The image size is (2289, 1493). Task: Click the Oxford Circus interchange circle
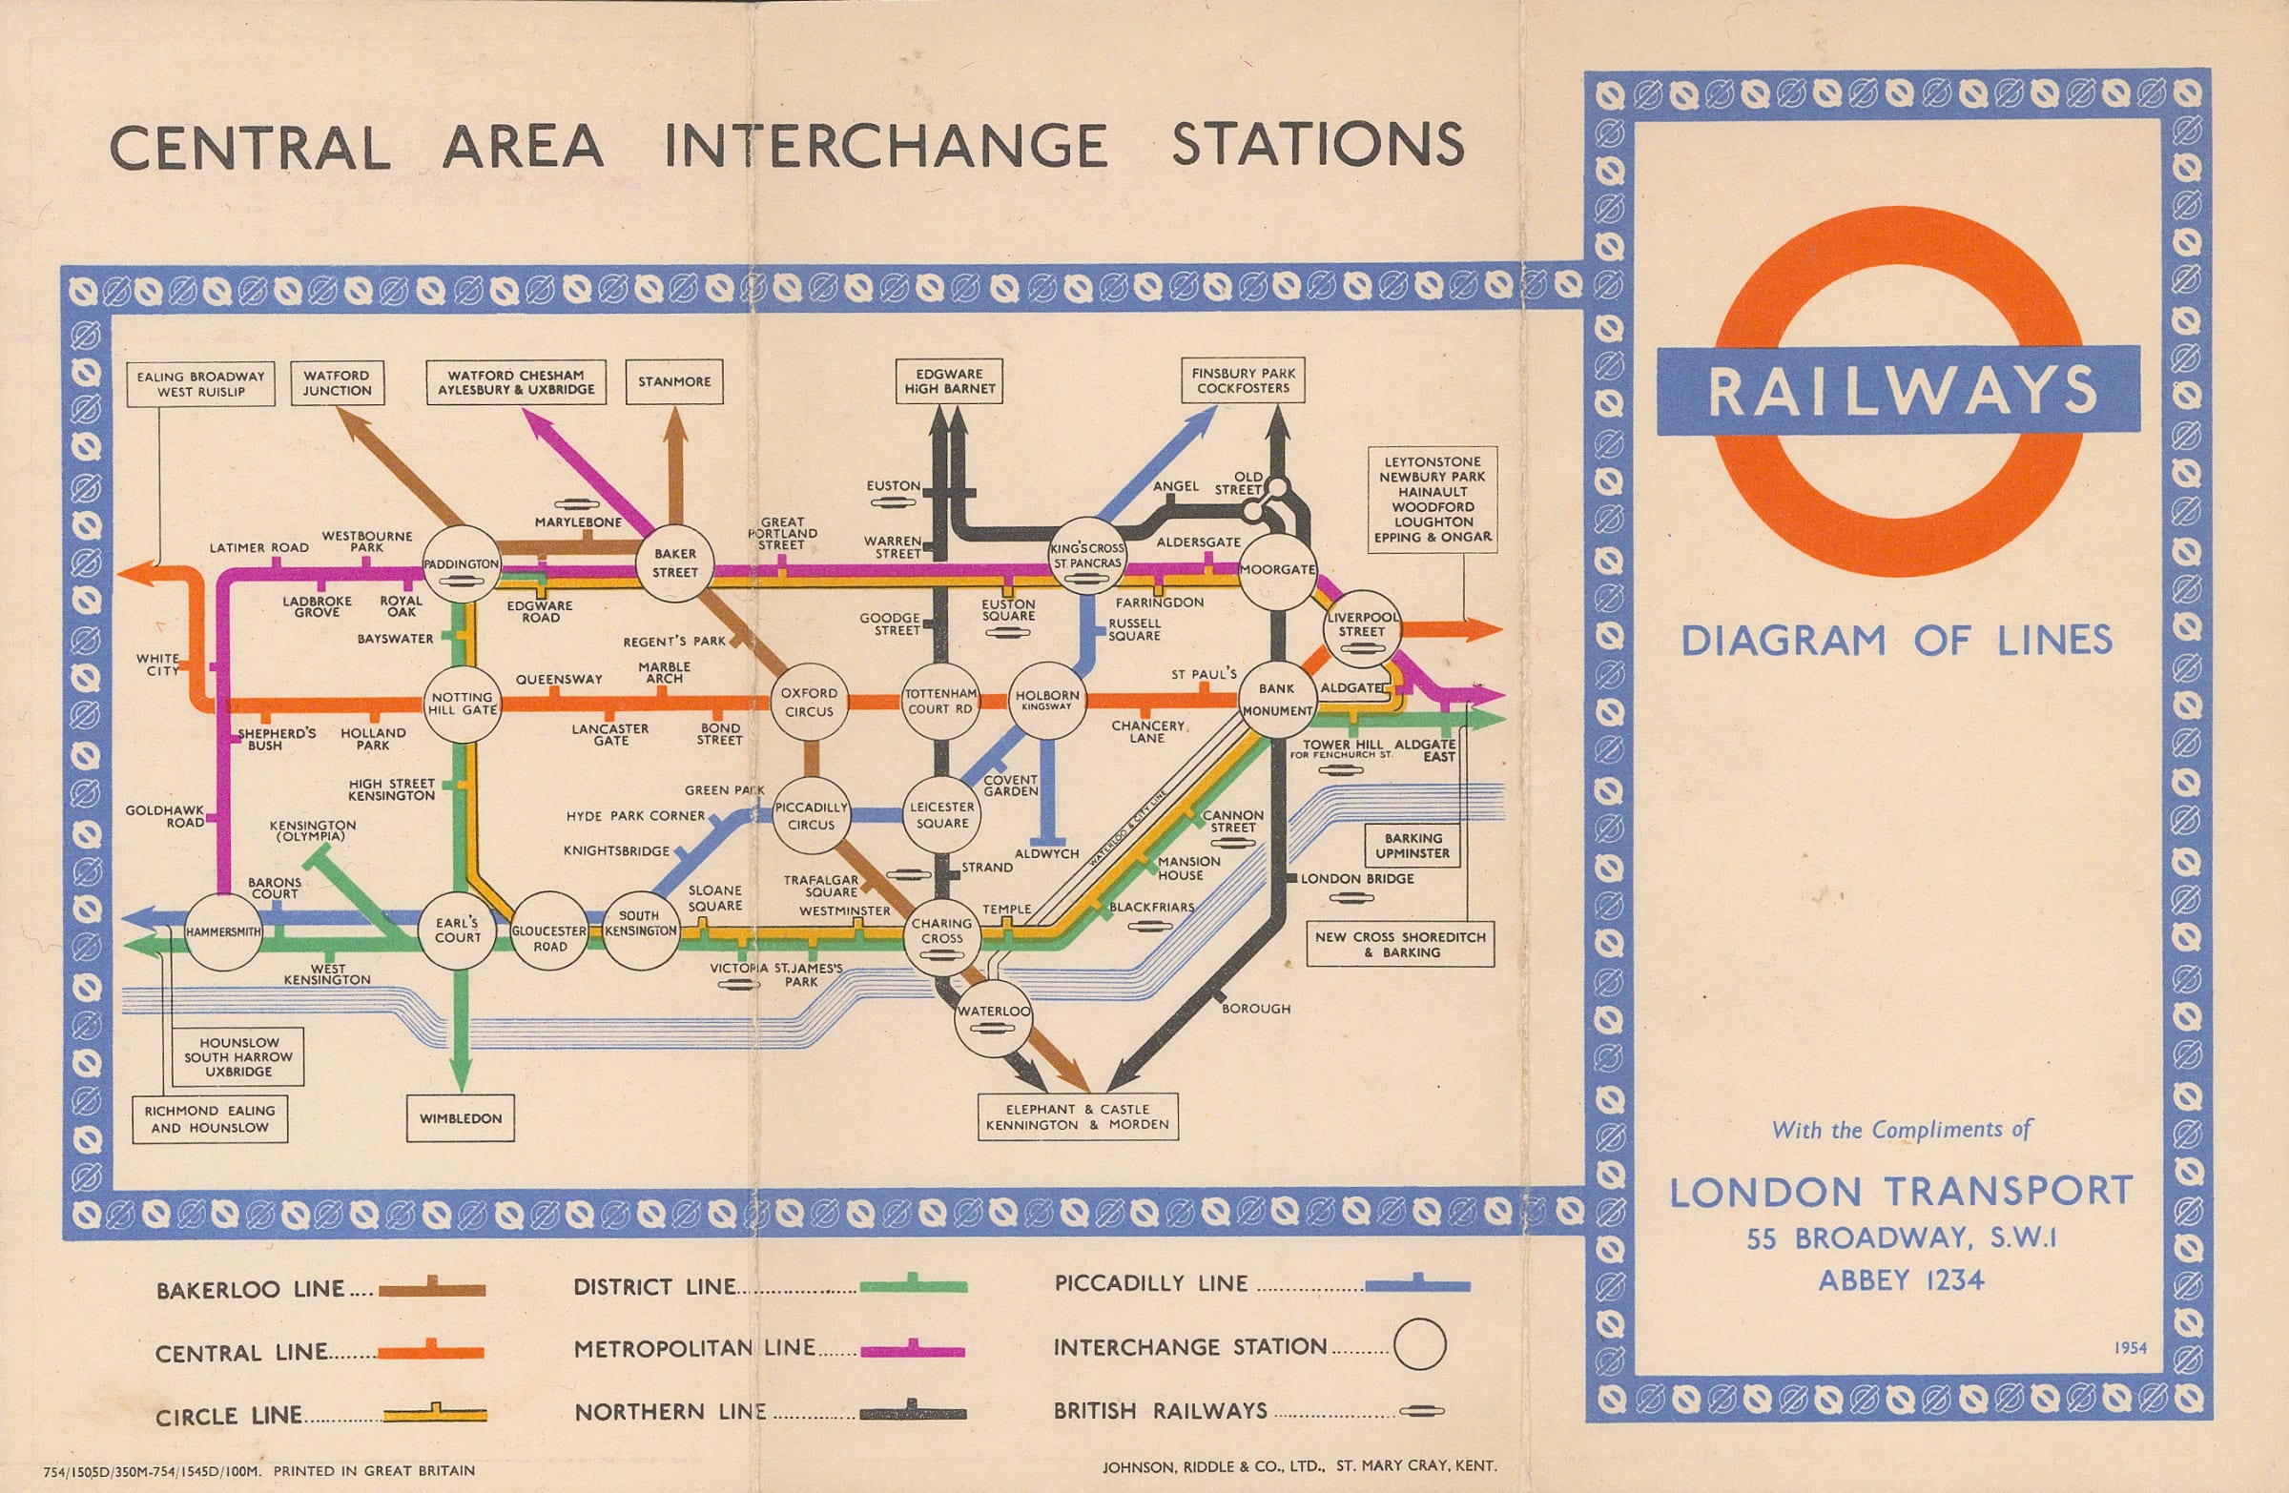[x=809, y=703]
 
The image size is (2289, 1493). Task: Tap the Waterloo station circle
[x=994, y=1019]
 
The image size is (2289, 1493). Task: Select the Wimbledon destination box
[x=461, y=1118]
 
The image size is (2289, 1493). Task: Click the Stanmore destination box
[x=674, y=381]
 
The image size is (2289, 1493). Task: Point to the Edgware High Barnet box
[x=949, y=380]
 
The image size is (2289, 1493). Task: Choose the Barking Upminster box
[x=1412, y=846]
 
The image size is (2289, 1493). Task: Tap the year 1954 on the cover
[x=2131, y=1348]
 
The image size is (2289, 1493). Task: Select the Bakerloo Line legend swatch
[x=432, y=1290]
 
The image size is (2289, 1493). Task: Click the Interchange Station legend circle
[x=1419, y=1344]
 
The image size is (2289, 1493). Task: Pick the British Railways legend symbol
[x=1421, y=1411]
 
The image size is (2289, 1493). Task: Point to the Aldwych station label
[x=1046, y=853]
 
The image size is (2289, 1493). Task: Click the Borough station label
[x=1256, y=1009]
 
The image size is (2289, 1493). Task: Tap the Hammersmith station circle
[x=223, y=931]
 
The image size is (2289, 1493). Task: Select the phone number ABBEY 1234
[x=1902, y=1280]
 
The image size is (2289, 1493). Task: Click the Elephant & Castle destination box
[x=1078, y=1116]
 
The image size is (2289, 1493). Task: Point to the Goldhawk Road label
[x=164, y=816]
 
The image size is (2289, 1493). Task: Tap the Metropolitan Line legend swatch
[x=913, y=1350]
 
